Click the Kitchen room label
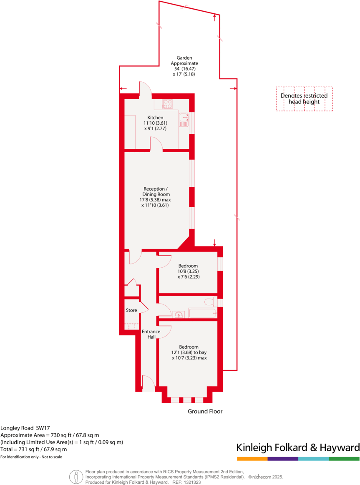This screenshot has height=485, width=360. [x=155, y=118]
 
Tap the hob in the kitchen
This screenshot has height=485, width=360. [x=167, y=104]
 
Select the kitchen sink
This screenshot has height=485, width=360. [x=184, y=120]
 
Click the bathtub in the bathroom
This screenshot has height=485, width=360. [x=202, y=313]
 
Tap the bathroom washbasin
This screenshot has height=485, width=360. [x=179, y=315]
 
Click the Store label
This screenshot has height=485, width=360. [x=131, y=310]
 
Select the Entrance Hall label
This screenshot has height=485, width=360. [x=151, y=334]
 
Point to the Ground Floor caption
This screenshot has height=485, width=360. [x=205, y=411]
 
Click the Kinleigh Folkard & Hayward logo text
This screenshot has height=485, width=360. [x=298, y=447]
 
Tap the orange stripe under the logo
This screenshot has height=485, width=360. [x=252, y=459]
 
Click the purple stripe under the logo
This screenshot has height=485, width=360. [x=283, y=459]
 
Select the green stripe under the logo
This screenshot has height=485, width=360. [x=344, y=459]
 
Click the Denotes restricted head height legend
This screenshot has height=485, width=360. [x=304, y=99]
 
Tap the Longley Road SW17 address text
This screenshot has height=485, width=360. [x=25, y=428]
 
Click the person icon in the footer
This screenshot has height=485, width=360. [x=76, y=477]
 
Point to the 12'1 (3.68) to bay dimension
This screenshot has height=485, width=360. [x=189, y=352]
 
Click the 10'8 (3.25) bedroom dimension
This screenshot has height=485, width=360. [x=188, y=271]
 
